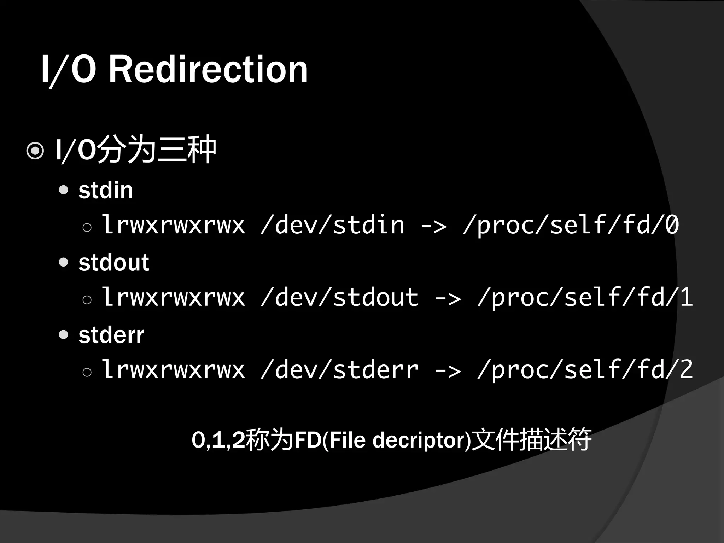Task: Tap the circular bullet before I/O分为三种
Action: point(35,151)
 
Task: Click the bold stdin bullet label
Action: point(105,190)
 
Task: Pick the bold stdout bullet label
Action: point(113,263)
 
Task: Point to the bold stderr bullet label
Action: point(111,335)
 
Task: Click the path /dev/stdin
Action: point(332,225)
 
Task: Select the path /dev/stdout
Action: point(339,297)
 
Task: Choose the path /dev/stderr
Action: point(339,370)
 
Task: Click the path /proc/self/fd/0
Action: point(571,225)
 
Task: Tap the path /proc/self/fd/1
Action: point(585,297)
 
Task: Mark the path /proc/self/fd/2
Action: point(585,370)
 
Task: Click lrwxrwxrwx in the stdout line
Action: point(173,297)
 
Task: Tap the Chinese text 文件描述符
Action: point(531,440)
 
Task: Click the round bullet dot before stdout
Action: point(64,262)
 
